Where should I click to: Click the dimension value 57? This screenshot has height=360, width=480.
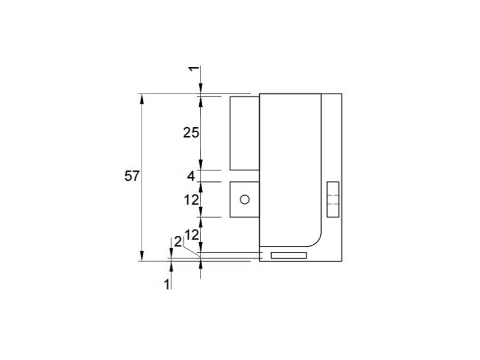point(132,176)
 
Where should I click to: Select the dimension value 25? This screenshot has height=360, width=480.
point(191,133)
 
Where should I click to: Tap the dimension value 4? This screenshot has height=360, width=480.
point(191,176)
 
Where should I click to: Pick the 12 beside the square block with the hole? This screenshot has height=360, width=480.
point(191,200)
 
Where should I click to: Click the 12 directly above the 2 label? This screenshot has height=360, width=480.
point(191,235)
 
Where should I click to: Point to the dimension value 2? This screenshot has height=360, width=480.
point(178,242)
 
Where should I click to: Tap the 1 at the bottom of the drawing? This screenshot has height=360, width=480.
point(167,284)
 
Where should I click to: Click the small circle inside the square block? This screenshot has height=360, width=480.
point(245,200)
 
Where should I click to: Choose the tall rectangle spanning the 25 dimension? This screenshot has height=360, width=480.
point(245,133)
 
